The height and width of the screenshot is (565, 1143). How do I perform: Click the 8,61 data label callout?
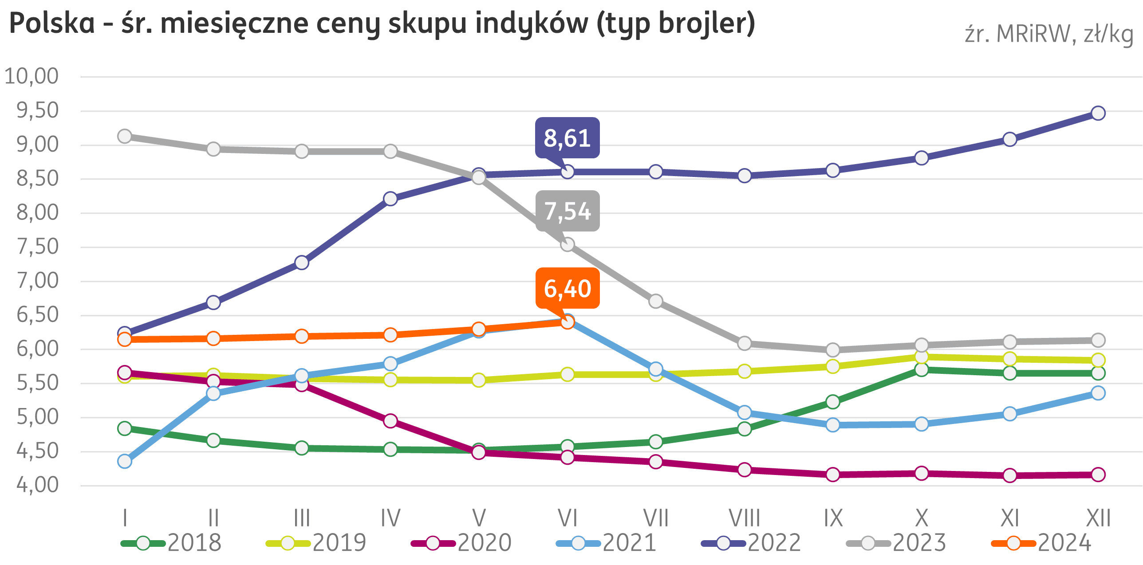click(x=567, y=138)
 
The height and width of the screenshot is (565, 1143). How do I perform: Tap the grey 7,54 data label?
click(x=568, y=211)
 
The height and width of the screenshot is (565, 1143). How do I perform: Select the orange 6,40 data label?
click(x=568, y=288)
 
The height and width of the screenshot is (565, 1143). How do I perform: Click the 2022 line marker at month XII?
click(x=1098, y=113)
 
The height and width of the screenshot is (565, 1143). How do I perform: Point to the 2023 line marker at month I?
click(x=125, y=136)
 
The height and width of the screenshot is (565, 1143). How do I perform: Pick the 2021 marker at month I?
click(x=125, y=462)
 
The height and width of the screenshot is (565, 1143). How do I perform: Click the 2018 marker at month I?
click(x=125, y=428)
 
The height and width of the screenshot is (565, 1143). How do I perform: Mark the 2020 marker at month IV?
click(x=390, y=421)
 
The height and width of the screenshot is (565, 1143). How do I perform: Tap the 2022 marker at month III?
click(x=302, y=263)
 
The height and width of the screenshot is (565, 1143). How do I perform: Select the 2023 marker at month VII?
click(x=656, y=302)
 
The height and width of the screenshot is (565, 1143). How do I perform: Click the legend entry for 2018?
click(x=171, y=543)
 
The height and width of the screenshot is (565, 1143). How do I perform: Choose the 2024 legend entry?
click(x=1041, y=543)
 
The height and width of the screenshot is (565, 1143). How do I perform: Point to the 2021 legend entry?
click(x=606, y=543)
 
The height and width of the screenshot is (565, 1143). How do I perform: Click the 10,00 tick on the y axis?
click(x=32, y=76)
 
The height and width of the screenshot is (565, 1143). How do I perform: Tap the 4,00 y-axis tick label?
click(x=37, y=485)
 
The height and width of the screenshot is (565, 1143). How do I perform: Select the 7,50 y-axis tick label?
click(x=37, y=247)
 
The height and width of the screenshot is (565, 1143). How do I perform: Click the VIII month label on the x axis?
click(x=745, y=518)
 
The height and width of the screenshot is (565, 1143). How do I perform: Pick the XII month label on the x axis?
click(x=1098, y=518)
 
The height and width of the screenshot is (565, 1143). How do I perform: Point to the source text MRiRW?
click(x=1033, y=35)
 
